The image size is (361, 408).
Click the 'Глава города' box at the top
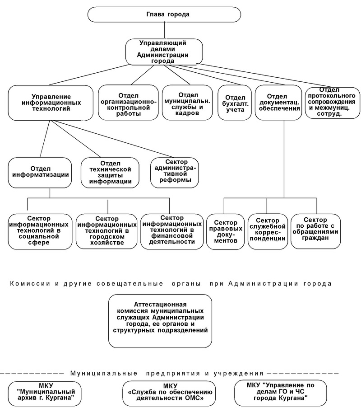click(164, 14)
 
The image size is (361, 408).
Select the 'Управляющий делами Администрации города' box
click(164, 52)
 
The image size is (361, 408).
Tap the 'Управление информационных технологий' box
click(51, 103)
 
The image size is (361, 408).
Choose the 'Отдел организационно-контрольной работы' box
click(129, 102)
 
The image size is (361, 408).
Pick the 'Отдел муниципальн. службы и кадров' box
click(187, 102)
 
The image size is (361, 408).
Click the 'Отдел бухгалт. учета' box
click(235, 103)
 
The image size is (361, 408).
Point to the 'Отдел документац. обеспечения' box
click(278, 103)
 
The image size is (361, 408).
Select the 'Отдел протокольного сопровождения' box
click(333, 103)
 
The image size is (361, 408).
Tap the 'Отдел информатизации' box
click(40, 173)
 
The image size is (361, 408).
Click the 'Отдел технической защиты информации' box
click(110, 173)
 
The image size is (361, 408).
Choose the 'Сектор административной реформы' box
click(175, 173)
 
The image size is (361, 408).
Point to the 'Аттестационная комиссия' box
click(160, 321)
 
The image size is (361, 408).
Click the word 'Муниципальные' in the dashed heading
click(104, 374)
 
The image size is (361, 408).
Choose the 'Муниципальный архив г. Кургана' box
click(44, 392)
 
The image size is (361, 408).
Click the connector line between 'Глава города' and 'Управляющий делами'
click(164, 30)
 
